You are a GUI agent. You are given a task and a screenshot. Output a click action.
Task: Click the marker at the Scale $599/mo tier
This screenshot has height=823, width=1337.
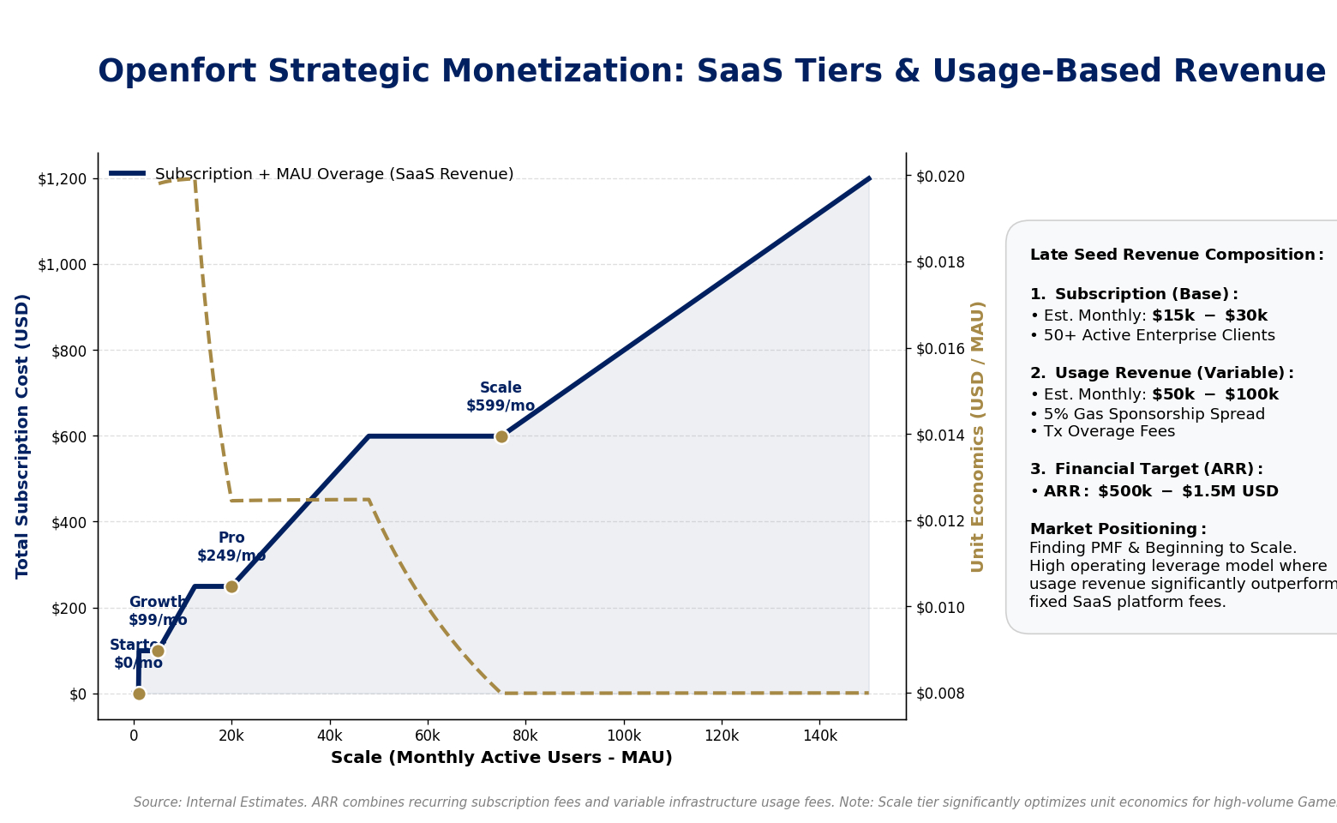click(x=501, y=436)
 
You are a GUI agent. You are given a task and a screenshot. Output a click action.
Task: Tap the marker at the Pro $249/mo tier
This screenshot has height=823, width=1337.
click(x=231, y=586)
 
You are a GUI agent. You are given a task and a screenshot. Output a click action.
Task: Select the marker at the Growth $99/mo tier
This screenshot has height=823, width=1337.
click(x=158, y=651)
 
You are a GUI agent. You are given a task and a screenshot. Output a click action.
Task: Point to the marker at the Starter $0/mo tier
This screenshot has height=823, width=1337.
click(x=139, y=694)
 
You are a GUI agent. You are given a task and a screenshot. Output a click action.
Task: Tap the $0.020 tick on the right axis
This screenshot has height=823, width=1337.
click(x=940, y=177)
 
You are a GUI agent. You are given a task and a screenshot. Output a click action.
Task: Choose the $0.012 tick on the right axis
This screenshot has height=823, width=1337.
click(x=940, y=521)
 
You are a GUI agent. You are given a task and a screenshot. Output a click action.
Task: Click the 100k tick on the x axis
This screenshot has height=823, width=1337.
click(x=623, y=736)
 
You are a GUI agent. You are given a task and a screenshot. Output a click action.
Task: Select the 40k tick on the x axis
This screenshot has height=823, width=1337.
click(x=329, y=736)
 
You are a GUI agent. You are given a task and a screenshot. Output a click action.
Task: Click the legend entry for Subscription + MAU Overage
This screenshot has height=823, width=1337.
click(x=333, y=174)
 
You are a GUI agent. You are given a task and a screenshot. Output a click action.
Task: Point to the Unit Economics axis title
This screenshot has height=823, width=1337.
click(x=977, y=436)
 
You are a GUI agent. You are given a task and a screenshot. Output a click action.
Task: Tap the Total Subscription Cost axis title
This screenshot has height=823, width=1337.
click(x=23, y=436)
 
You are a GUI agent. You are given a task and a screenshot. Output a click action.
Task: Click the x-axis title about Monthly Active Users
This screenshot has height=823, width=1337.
click(x=501, y=758)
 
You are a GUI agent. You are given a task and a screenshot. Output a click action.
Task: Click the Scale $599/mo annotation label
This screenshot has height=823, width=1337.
click(x=501, y=397)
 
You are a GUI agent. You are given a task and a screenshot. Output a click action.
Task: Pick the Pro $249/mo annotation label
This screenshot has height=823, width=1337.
click(x=231, y=547)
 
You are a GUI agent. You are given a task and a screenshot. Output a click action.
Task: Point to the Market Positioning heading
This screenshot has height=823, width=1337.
click(x=1118, y=529)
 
